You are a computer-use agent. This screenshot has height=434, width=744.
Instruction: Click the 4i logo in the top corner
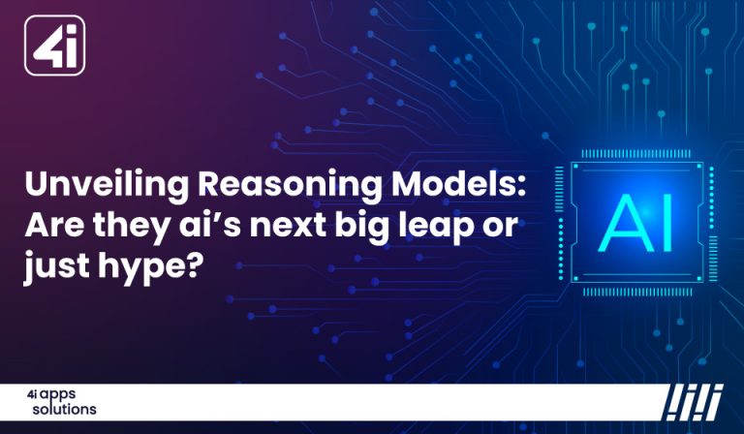click(54, 45)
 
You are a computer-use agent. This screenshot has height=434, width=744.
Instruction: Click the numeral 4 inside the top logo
click(47, 46)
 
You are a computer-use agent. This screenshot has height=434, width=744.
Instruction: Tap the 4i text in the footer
click(33, 397)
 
